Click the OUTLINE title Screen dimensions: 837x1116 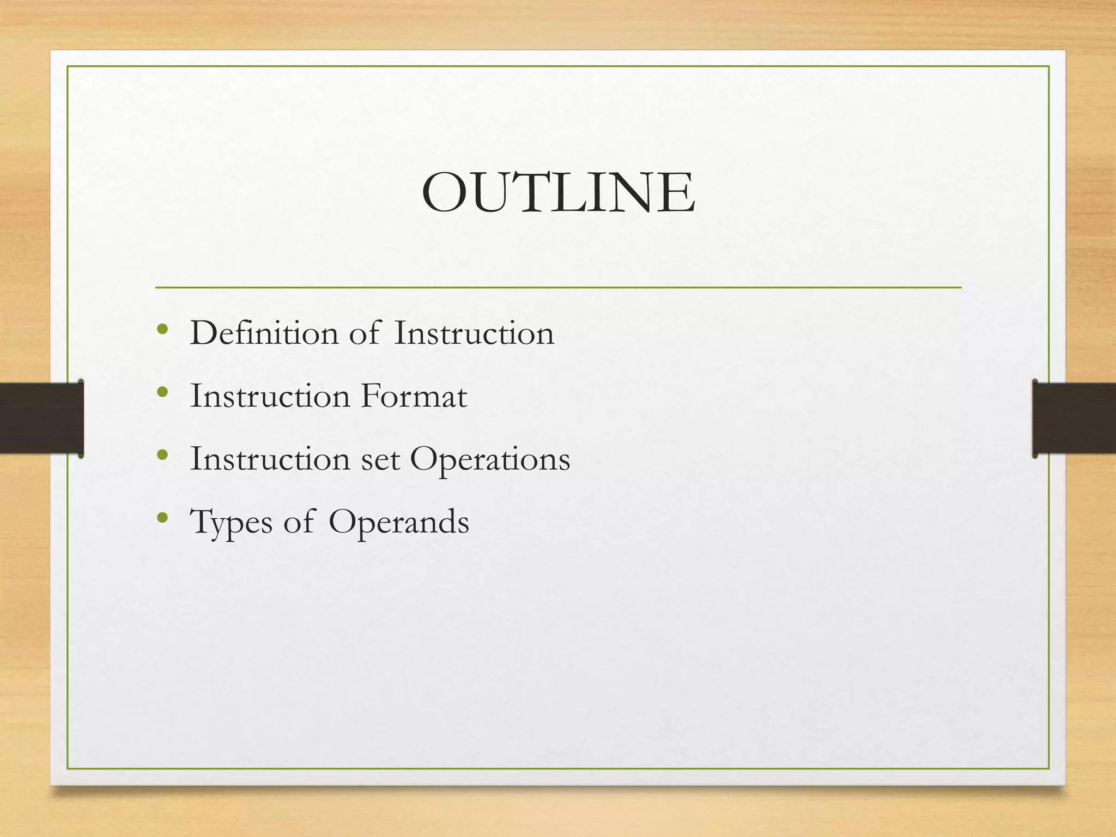click(x=558, y=193)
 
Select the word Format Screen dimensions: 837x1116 click(x=414, y=396)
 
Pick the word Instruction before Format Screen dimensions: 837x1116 click(x=270, y=396)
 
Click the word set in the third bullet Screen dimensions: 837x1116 click(x=380, y=459)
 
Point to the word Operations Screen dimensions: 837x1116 click(x=490, y=460)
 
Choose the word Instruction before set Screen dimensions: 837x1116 click(x=270, y=459)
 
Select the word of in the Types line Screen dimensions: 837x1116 click(x=299, y=521)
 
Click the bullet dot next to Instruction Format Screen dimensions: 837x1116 click(x=162, y=392)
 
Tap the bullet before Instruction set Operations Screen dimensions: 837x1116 click(x=162, y=455)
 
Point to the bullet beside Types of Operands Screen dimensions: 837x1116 click(x=162, y=518)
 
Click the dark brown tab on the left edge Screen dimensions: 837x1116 click(x=41, y=418)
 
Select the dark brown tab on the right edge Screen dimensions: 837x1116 click(x=1074, y=418)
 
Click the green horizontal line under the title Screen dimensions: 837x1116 click(x=558, y=287)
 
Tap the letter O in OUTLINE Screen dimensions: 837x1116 click(x=445, y=193)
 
